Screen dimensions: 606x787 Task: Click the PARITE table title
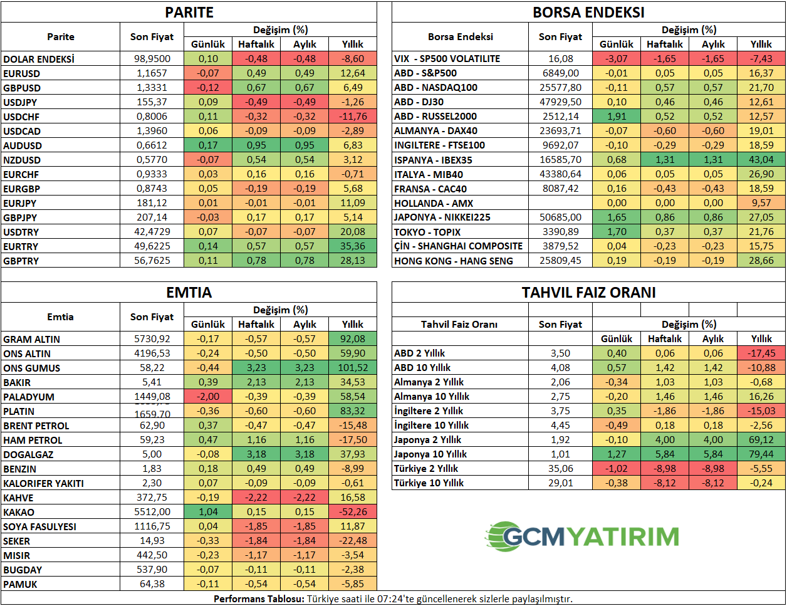click(x=189, y=13)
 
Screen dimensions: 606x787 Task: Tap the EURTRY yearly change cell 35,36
click(x=353, y=246)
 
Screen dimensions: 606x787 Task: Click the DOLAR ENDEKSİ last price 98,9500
click(x=152, y=59)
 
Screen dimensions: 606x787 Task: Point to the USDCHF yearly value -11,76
click(x=353, y=117)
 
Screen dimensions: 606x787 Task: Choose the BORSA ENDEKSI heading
click(x=588, y=13)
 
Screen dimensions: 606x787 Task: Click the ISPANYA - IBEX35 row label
click(x=433, y=160)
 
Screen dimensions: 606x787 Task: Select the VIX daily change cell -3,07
click(x=617, y=59)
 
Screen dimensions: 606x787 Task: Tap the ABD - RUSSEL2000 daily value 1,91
click(x=617, y=117)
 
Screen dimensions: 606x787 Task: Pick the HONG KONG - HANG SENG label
click(x=453, y=261)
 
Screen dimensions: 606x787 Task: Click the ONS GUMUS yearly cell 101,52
click(x=353, y=368)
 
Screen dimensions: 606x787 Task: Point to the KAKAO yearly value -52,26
click(x=353, y=512)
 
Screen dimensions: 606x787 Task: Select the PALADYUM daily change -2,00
click(x=208, y=397)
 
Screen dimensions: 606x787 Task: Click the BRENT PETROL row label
click(x=36, y=426)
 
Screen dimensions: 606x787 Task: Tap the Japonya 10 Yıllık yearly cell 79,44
click(x=761, y=454)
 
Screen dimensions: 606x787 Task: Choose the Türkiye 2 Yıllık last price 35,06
click(x=560, y=469)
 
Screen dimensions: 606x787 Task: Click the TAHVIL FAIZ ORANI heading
click(x=588, y=293)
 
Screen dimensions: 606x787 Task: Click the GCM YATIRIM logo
click(x=582, y=536)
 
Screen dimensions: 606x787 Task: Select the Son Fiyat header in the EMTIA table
click(x=152, y=317)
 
